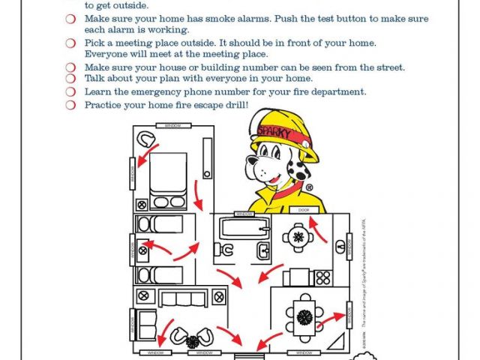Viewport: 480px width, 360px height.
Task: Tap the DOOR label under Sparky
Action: coord(304,209)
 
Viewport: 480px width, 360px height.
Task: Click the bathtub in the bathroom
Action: coord(241,226)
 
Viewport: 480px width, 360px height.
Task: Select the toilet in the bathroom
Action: coord(263,250)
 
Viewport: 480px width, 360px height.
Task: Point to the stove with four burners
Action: coord(323,277)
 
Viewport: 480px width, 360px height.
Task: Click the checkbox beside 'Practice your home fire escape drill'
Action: coord(70,105)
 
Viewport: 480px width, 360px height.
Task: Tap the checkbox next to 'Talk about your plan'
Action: coord(70,79)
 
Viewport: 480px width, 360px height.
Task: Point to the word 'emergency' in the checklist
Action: coord(174,92)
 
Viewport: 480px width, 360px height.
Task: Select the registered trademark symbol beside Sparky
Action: coord(308,187)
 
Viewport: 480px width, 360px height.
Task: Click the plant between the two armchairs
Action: coord(193,340)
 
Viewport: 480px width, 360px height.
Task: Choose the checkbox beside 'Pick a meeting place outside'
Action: coord(70,43)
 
